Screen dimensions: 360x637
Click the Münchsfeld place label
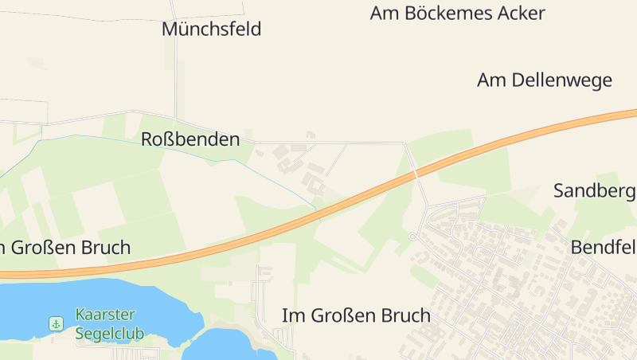tap(211, 29)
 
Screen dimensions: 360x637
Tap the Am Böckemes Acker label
tap(457, 14)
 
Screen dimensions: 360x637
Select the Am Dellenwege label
tap(544, 80)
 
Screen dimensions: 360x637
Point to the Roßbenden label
tap(190, 139)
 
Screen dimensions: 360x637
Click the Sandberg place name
tap(594, 190)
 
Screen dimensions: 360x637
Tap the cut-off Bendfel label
tap(604, 247)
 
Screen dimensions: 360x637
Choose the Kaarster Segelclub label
tap(109, 323)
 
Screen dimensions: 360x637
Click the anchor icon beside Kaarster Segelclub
tap(56, 323)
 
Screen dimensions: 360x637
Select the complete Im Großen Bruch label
tap(356, 315)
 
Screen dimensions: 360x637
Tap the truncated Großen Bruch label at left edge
tap(65, 247)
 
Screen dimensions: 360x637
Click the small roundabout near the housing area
tap(412, 237)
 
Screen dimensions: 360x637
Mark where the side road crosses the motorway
tap(415, 172)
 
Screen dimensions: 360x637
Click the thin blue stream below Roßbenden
tap(159, 147)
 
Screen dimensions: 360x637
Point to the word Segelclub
tap(109, 333)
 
